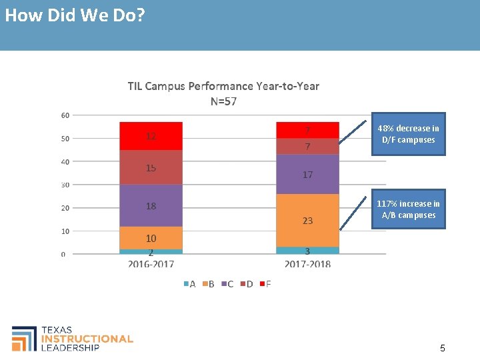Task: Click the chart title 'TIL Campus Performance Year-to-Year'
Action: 223,86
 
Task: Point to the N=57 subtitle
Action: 223,101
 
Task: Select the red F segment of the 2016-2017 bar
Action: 151,136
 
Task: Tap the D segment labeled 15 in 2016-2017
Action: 151,167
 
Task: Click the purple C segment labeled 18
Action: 151,206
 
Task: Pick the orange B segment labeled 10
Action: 151,238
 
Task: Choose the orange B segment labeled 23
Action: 307,221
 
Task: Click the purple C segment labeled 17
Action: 307,175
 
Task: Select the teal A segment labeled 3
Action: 307,251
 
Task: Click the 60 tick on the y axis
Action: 65,115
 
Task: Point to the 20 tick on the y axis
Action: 65,208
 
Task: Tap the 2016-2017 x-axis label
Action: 151,265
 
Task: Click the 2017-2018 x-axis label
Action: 307,265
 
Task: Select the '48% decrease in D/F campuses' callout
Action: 408,134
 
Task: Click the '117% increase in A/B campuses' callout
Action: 408,209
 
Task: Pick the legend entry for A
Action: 189,284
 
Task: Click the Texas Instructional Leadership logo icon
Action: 24,338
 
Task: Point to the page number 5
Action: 443,348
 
